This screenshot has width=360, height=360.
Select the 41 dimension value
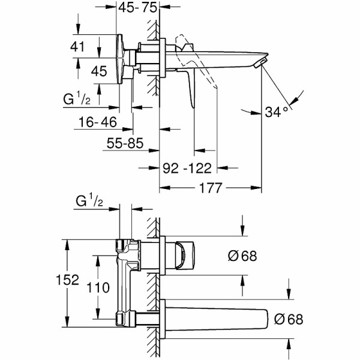[92, 46]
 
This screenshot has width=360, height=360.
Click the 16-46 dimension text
[97, 122]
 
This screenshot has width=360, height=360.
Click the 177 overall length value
[210, 187]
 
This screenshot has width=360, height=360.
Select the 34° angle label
[277, 110]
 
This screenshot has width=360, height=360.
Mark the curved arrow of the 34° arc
[294, 99]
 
